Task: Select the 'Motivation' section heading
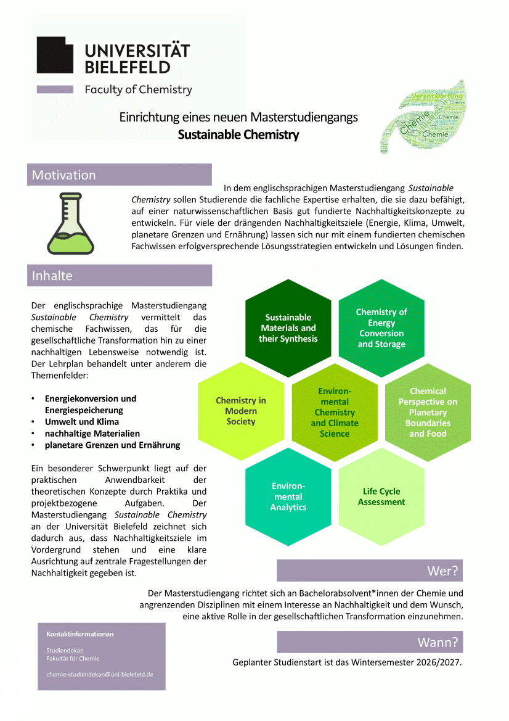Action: pyautogui.click(x=119, y=175)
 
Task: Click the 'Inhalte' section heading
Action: pyautogui.click(x=119, y=276)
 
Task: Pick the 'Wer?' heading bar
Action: pyautogui.click(x=369, y=571)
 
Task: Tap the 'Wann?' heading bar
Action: pyautogui.click(x=369, y=642)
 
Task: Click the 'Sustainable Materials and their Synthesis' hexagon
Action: pyautogui.click(x=288, y=328)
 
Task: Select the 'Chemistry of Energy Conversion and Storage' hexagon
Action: pyautogui.click(x=381, y=328)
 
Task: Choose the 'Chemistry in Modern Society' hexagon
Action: pyautogui.click(x=241, y=411)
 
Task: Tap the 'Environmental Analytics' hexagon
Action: pyautogui.click(x=288, y=496)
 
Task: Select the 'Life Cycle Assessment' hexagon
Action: pyautogui.click(x=381, y=496)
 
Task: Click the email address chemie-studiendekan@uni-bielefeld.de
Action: pyautogui.click(x=100, y=674)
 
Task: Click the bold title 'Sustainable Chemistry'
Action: pyautogui.click(x=238, y=134)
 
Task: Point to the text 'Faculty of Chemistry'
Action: pyautogui.click(x=139, y=89)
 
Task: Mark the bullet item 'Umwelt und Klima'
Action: pyautogui.click(x=82, y=422)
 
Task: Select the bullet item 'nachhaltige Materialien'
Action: pyautogui.click(x=92, y=434)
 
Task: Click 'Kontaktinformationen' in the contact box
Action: pyautogui.click(x=80, y=634)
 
